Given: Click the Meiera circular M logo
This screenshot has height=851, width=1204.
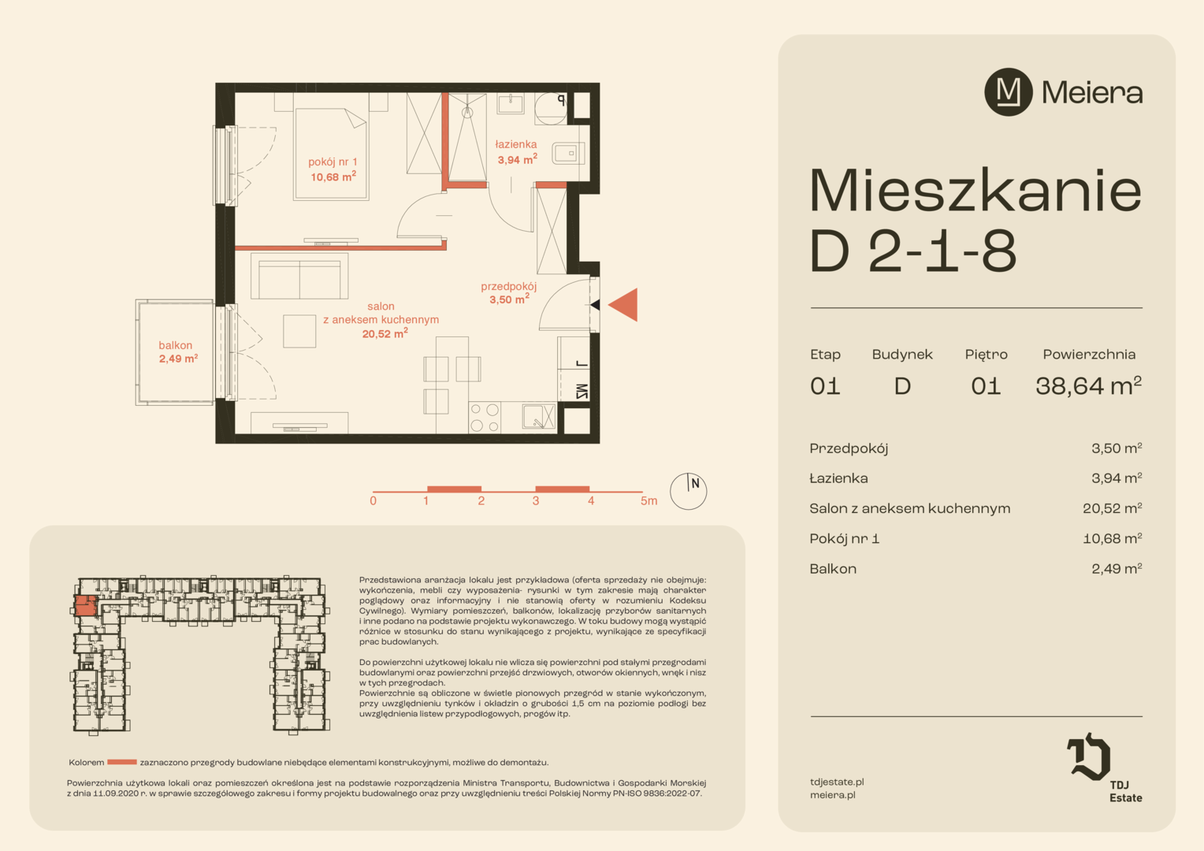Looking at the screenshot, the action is (x=1009, y=92).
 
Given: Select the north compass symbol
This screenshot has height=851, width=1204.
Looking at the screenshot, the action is (x=688, y=491).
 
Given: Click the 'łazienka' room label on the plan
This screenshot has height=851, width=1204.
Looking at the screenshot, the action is (x=516, y=144).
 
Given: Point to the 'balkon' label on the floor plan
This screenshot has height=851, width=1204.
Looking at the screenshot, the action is (x=175, y=345).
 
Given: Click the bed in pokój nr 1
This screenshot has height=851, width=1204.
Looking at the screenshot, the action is (x=331, y=154).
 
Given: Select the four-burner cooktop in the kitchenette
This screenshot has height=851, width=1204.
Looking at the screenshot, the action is (x=485, y=418).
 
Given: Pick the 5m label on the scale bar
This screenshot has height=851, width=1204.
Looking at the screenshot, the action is (x=648, y=501).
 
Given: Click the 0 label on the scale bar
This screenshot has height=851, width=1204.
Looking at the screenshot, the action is (x=373, y=501).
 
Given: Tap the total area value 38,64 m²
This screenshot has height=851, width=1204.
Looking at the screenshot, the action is (x=1088, y=385).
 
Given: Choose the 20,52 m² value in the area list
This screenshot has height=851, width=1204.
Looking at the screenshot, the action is (x=1112, y=508).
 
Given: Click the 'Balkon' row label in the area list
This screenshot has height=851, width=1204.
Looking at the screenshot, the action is (x=833, y=568).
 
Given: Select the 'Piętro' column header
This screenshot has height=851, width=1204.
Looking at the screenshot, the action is (x=986, y=355).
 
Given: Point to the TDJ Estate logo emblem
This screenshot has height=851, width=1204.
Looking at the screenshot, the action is (x=1089, y=756).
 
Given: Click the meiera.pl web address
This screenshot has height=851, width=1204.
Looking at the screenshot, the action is (x=833, y=794).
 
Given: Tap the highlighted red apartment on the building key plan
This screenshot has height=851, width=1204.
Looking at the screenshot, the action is (x=85, y=606).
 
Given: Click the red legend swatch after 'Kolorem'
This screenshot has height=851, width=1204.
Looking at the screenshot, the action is (x=122, y=762).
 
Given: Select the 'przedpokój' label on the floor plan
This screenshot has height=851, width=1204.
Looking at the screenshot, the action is (x=508, y=287).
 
